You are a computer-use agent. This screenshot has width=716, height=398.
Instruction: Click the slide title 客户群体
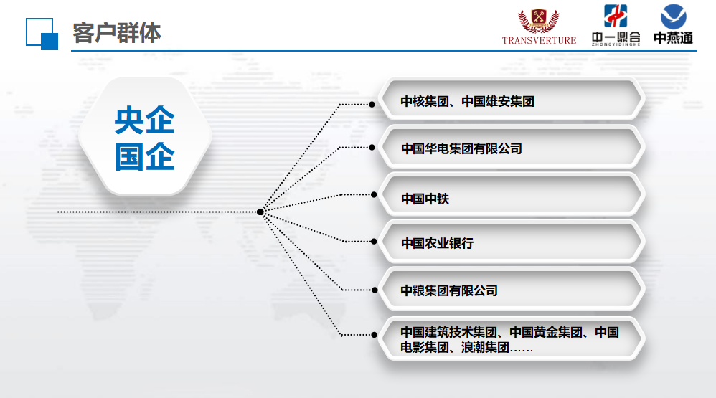click(116, 33)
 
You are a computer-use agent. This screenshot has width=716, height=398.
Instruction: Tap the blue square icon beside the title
click(42, 34)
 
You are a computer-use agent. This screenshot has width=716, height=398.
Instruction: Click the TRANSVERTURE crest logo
click(539, 27)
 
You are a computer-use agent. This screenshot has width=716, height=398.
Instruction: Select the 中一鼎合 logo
click(616, 26)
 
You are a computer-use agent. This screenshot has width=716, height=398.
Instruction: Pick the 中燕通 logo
click(673, 24)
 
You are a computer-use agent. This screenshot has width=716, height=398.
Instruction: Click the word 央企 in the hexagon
click(144, 120)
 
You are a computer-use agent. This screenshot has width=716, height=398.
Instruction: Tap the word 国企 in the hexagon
click(144, 156)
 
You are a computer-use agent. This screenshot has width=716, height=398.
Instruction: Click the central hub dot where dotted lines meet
click(260, 212)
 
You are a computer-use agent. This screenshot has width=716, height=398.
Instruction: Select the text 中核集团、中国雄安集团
click(467, 101)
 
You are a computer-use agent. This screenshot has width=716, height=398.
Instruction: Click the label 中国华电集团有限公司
click(461, 148)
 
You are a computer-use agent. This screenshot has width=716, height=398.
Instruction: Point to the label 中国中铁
click(425, 199)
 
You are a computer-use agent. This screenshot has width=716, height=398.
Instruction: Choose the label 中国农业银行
click(437, 243)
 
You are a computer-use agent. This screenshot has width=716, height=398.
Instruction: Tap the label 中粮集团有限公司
click(449, 290)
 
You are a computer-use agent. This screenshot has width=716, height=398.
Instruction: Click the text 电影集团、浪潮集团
click(455, 348)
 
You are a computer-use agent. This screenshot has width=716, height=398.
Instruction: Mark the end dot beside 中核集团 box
click(372, 105)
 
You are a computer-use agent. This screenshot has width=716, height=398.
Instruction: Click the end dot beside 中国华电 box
click(372, 148)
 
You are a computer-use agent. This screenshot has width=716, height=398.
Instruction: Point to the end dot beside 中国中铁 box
click(374, 195)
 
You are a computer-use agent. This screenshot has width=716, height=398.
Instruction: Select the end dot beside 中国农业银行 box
click(374, 242)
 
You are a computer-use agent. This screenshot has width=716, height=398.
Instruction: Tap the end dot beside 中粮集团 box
click(375, 290)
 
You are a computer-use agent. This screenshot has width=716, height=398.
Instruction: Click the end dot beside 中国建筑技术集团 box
click(375, 335)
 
